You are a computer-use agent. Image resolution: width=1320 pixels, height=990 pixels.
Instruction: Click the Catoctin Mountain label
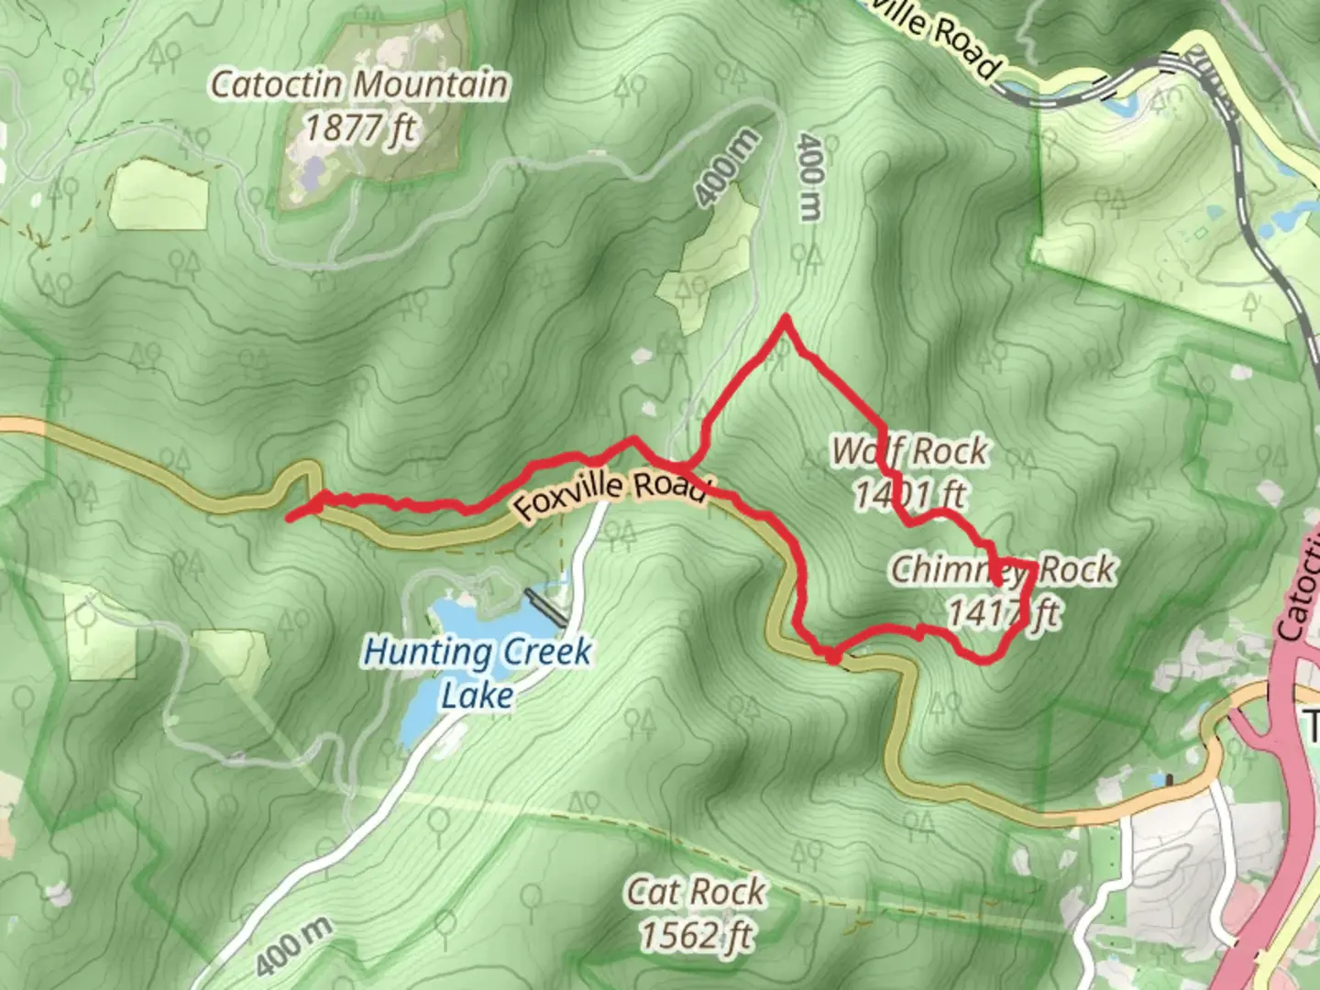[x=359, y=84]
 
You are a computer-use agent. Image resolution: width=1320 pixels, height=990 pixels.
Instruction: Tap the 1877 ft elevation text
[x=359, y=127]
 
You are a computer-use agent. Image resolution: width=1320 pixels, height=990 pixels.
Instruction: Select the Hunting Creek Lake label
[x=477, y=673]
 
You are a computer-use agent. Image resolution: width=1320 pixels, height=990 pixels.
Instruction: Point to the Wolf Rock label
[x=909, y=451]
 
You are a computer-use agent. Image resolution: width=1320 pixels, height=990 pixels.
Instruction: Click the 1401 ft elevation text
[x=909, y=495]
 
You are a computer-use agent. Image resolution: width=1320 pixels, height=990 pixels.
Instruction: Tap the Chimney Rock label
[x=1003, y=569]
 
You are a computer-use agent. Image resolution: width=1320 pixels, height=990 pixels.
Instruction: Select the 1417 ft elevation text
[x=1003, y=612]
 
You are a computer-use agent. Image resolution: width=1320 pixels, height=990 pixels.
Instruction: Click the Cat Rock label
[x=696, y=891]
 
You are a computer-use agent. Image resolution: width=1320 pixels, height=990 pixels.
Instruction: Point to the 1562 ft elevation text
[x=696, y=935]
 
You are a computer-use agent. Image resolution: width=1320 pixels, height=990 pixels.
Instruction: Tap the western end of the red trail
[x=290, y=519]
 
